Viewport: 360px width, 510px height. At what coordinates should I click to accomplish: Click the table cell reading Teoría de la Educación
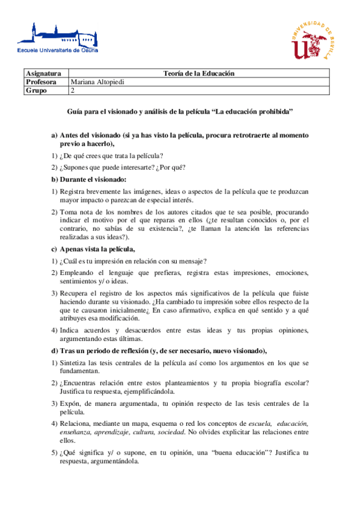pyautogui.click(x=198, y=73)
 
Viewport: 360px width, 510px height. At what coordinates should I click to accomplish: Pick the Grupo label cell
pyautogui.click(x=37, y=91)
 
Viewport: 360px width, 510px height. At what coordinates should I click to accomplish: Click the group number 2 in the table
pyautogui.click(x=73, y=91)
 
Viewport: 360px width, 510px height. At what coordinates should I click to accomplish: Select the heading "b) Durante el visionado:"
pyautogui.click(x=89, y=179)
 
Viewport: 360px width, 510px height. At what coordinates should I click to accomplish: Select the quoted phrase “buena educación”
pyautogui.click(x=243, y=452)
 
